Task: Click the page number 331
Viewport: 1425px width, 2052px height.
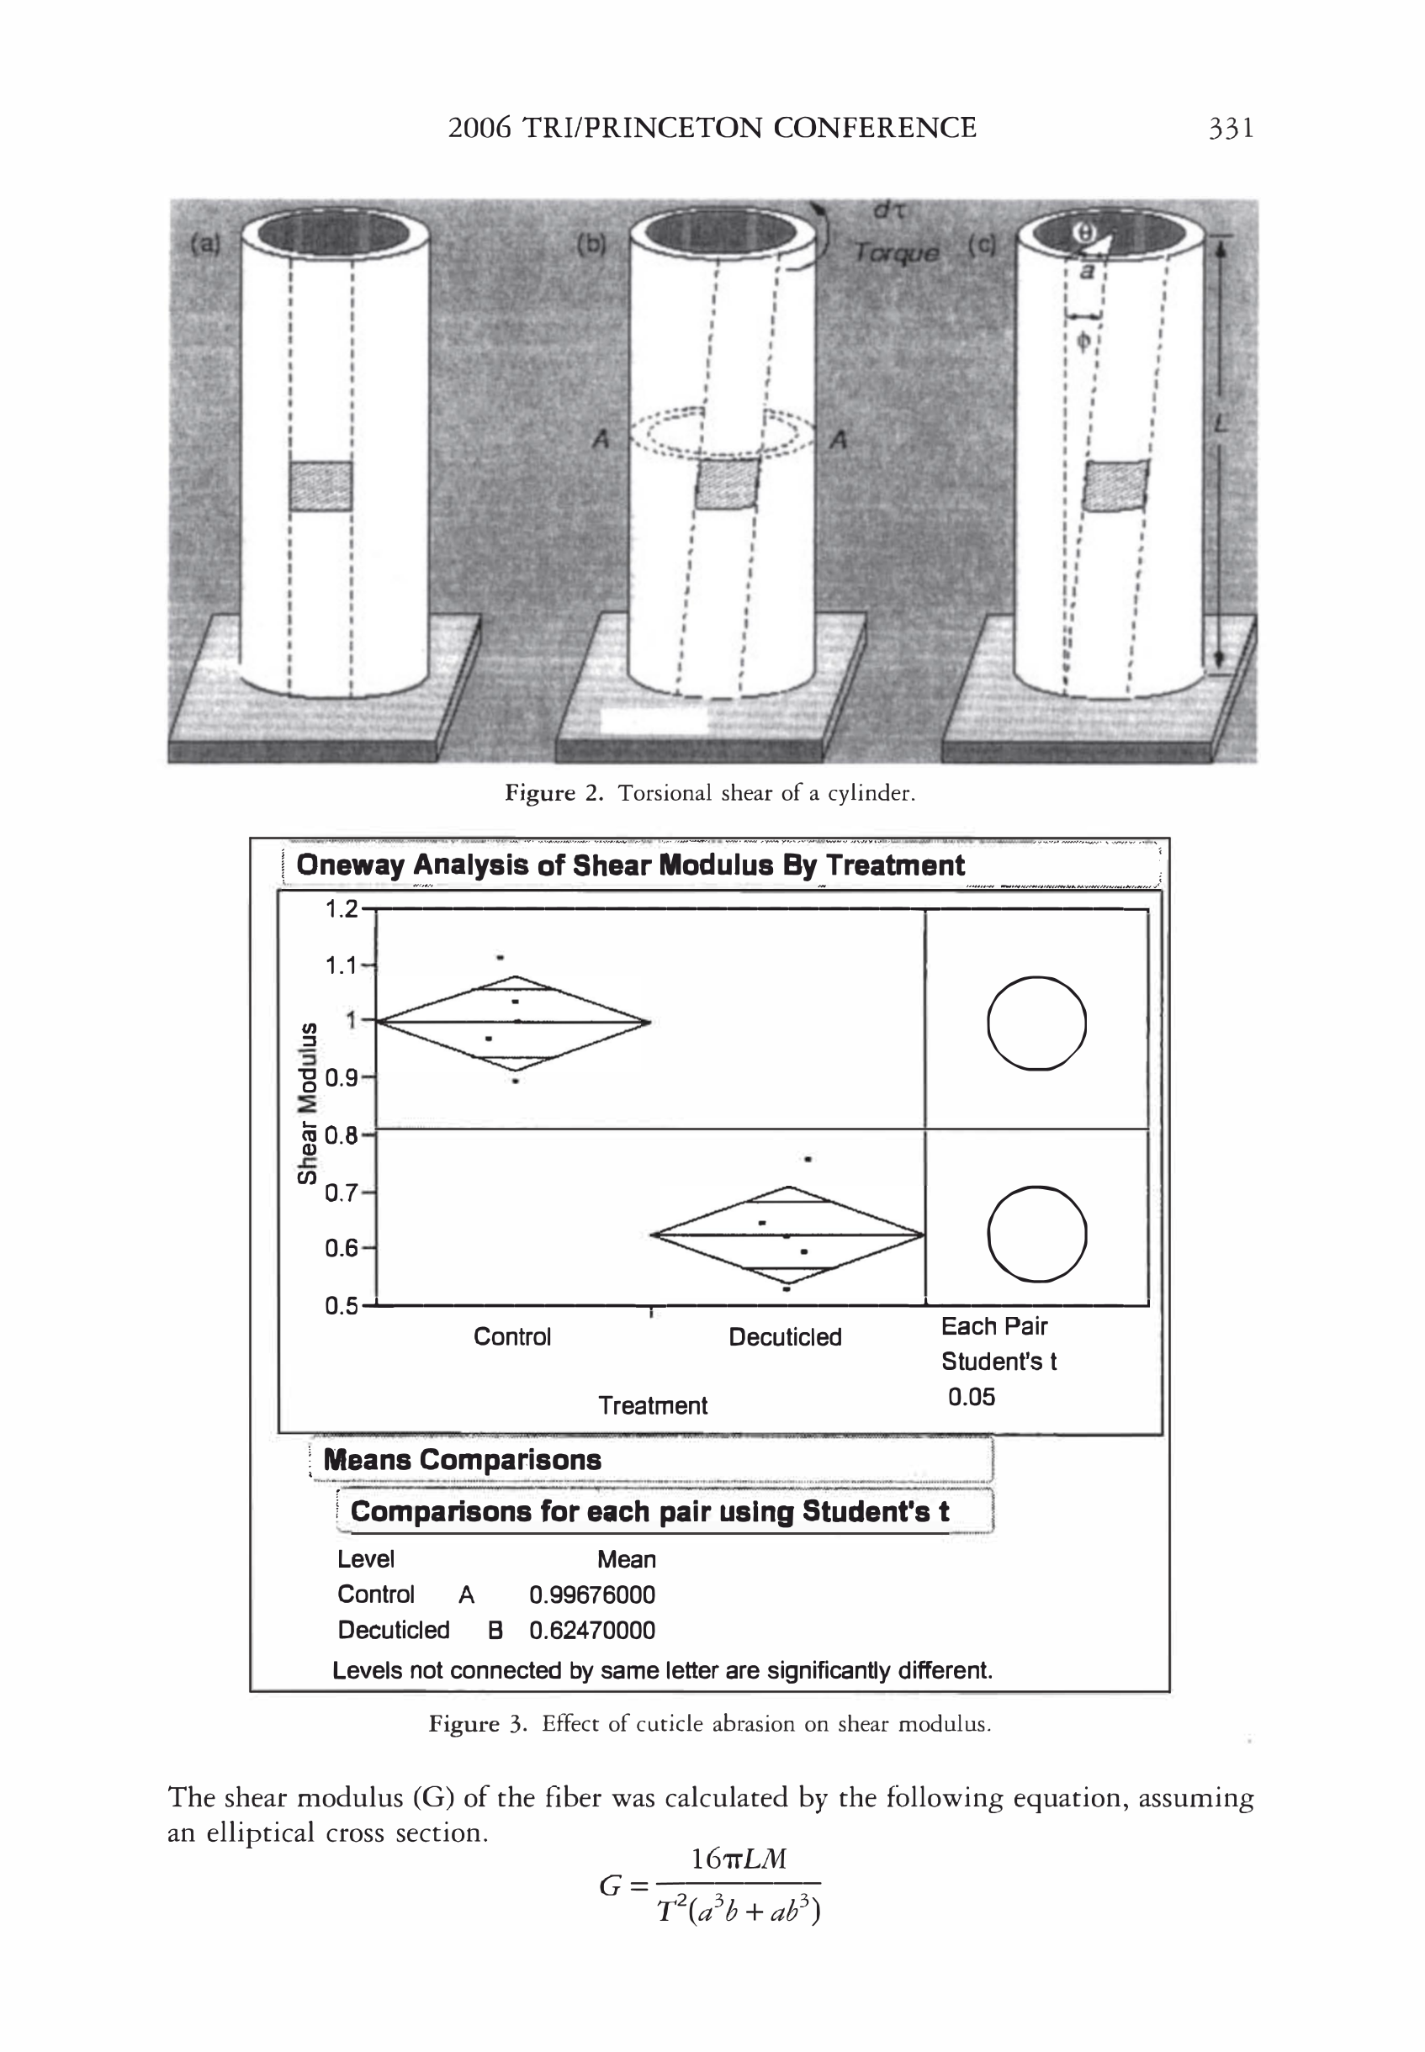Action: tap(1231, 129)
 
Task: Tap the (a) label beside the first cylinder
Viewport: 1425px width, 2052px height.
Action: tap(205, 243)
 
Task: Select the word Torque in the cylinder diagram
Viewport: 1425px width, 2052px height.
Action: tap(896, 252)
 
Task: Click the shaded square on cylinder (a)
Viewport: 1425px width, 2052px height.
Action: tap(320, 485)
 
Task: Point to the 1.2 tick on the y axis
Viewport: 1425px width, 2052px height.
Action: tap(341, 909)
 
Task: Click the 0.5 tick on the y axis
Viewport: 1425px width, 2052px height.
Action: tap(341, 1306)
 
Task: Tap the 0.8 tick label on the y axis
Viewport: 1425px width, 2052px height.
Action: tap(341, 1135)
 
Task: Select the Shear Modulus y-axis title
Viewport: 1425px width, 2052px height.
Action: tap(307, 1103)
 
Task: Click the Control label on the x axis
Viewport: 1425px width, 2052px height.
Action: tap(511, 1337)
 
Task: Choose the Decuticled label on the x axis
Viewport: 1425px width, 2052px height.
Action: tap(785, 1337)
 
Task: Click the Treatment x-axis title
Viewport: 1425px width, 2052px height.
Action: tap(653, 1406)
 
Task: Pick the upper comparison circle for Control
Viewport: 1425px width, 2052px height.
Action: tap(1036, 1023)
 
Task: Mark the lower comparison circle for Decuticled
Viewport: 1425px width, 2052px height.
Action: tap(1036, 1235)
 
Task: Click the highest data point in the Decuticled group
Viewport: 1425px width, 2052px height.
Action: tap(808, 1160)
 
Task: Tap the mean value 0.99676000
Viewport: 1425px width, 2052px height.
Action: tap(592, 1595)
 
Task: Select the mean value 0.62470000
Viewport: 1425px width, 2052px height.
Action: tap(592, 1631)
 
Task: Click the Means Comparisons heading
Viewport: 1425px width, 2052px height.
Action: tap(462, 1460)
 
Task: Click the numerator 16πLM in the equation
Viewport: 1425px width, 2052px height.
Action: tap(739, 1859)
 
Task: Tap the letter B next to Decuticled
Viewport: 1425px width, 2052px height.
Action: tap(495, 1631)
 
